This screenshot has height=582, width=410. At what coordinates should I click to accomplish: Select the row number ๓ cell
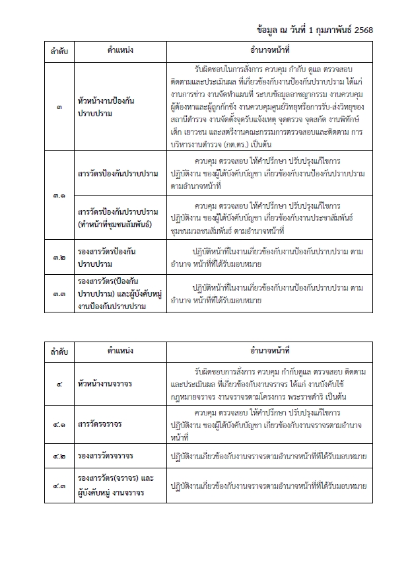point(60,107)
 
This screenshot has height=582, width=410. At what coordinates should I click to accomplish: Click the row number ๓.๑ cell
point(60,196)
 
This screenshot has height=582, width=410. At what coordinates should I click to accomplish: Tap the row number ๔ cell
point(60,382)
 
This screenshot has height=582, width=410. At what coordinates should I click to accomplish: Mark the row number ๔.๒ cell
point(60,456)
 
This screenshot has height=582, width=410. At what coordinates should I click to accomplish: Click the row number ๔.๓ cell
point(60,487)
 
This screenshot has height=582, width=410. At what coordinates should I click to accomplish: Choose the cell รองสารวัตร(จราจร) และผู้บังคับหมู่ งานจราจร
point(115,487)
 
